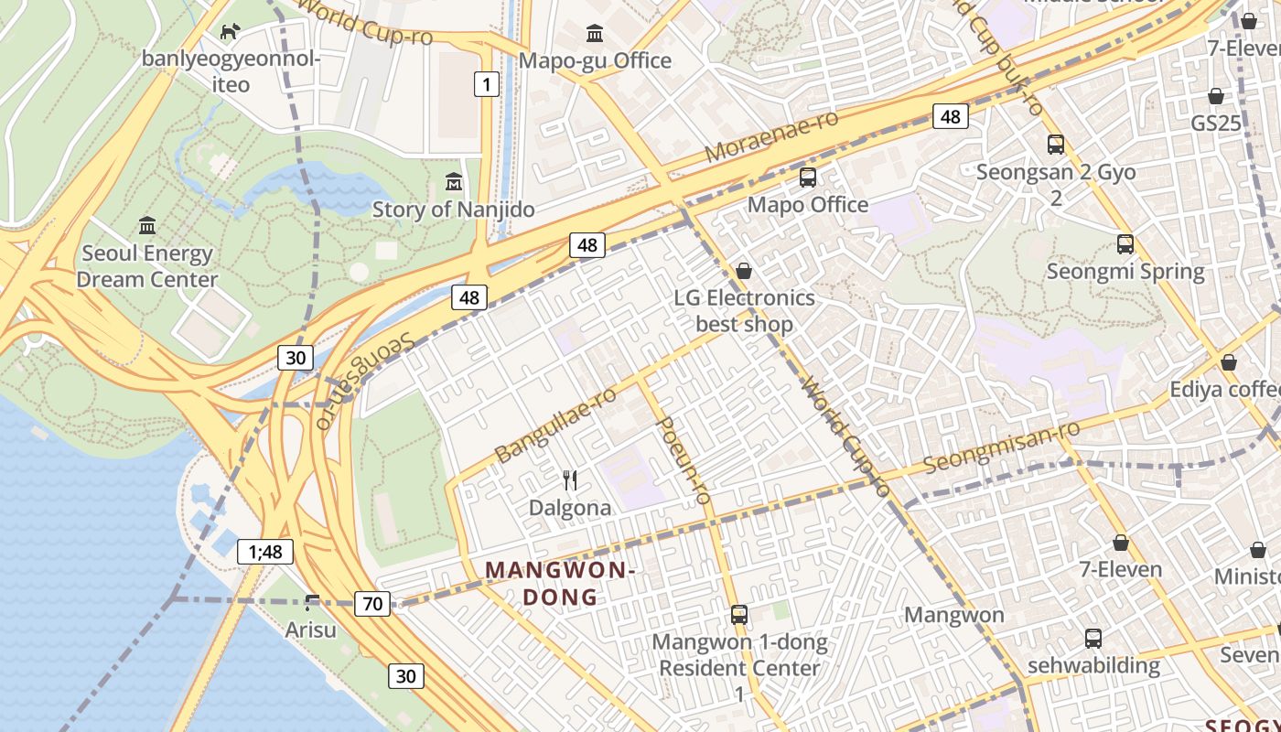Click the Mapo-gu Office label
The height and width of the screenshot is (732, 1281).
[595, 60]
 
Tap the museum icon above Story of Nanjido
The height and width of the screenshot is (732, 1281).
[453, 181]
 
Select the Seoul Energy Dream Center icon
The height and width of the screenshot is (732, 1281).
[147, 225]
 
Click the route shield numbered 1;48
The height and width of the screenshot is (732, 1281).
[265, 551]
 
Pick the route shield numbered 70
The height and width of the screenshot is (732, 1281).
[372, 603]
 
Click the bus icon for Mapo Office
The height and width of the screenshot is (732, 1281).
[807, 178]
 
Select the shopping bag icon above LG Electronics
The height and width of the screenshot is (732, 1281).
[744, 271]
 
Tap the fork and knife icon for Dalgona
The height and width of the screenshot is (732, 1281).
[570, 479]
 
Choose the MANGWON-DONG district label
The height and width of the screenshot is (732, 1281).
[559, 584]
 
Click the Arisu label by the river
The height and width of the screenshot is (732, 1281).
[310, 630]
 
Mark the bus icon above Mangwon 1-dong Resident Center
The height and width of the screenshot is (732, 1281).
[739, 615]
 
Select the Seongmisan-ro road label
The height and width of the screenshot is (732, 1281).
[1001, 447]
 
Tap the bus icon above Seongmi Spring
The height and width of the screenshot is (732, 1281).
[1125, 244]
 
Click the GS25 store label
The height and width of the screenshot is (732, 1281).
[1215, 123]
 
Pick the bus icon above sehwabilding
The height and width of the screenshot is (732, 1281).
[1093, 638]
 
